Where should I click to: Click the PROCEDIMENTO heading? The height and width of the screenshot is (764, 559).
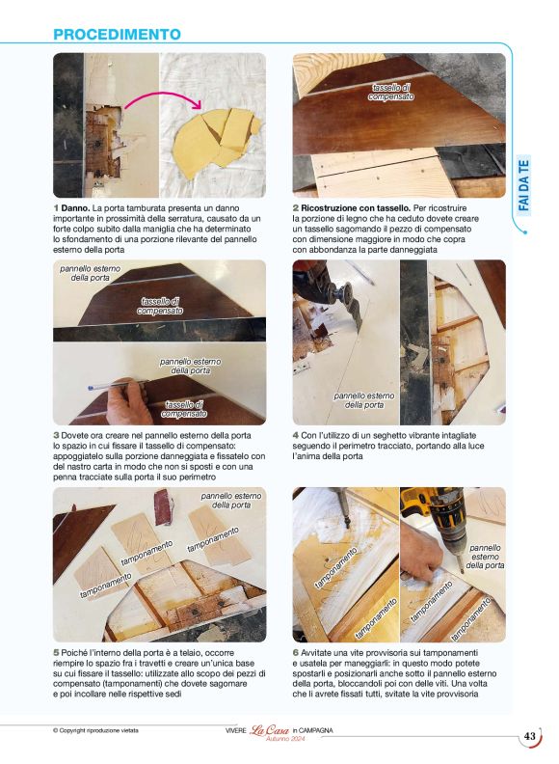click(x=117, y=35)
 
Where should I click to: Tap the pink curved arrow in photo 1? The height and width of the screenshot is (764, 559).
click(x=163, y=95)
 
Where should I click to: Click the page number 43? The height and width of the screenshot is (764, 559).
click(x=529, y=736)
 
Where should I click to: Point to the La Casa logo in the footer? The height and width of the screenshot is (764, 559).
click(x=269, y=730)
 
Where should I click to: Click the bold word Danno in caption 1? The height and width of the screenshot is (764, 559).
click(x=75, y=208)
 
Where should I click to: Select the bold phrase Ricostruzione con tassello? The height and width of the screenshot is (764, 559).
click(x=356, y=208)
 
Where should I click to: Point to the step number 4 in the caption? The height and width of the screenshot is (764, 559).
click(x=295, y=436)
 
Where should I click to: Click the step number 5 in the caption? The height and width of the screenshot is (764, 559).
click(x=56, y=653)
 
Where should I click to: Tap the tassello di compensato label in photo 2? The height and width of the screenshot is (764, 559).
click(x=391, y=92)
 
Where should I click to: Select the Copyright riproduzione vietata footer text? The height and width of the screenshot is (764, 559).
click(x=95, y=730)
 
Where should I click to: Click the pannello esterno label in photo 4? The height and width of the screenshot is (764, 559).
click(x=364, y=400)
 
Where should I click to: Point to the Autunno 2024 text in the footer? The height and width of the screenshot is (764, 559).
click(x=285, y=739)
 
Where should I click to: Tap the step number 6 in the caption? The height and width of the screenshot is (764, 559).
click(x=296, y=653)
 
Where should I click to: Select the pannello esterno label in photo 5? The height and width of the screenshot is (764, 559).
click(x=231, y=501)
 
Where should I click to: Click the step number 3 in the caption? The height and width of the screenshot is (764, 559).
click(x=56, y=436)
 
